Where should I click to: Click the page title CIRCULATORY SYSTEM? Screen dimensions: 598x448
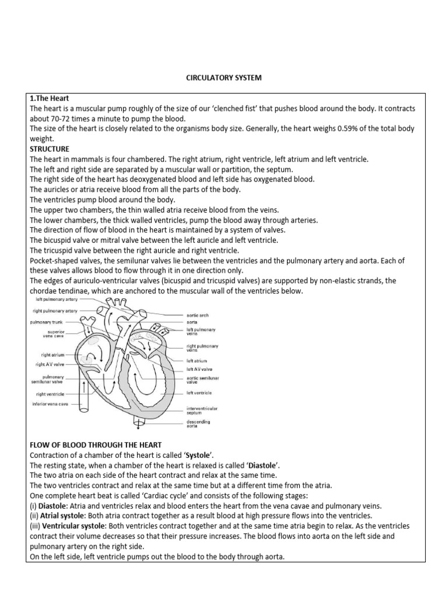coord(223,77)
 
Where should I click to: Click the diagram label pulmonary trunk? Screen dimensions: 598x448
coord(50,322)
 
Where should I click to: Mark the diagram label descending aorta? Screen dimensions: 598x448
coord(198,424)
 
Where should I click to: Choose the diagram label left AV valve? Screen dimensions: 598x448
coord(199,370)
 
